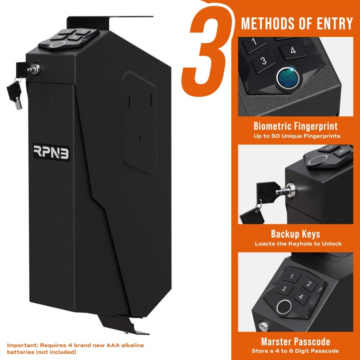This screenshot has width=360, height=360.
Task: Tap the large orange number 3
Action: [206, 51]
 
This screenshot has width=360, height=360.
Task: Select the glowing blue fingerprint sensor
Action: [288, 78]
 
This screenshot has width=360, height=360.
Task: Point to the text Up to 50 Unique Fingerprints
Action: [297, 136]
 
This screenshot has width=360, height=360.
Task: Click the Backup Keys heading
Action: [295, 234]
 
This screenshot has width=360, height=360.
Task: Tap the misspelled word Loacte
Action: [266, 244]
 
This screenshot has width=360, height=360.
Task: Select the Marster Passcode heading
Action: [295, 341]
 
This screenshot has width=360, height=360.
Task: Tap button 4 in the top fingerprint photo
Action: [293, 51]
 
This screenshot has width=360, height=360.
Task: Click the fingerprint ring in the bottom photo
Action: [284, 306]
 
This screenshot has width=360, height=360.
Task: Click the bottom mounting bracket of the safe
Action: [121, 324]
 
